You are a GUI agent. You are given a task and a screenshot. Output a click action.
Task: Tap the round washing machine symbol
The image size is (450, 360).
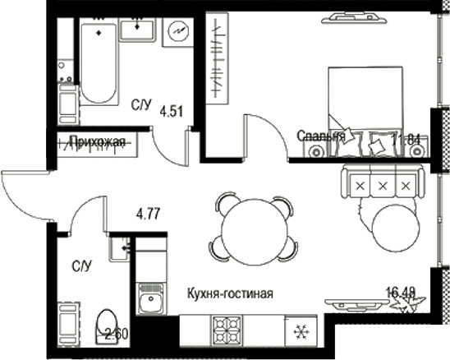[177, 33]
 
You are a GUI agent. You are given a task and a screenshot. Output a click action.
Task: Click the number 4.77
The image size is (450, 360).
[148, 215]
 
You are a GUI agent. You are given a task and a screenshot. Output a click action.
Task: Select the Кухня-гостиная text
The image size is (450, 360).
[230, 293]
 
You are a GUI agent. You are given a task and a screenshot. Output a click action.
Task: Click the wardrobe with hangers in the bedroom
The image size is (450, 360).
[216, 58]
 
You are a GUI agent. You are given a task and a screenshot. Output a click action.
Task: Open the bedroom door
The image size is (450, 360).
[263, 136]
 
